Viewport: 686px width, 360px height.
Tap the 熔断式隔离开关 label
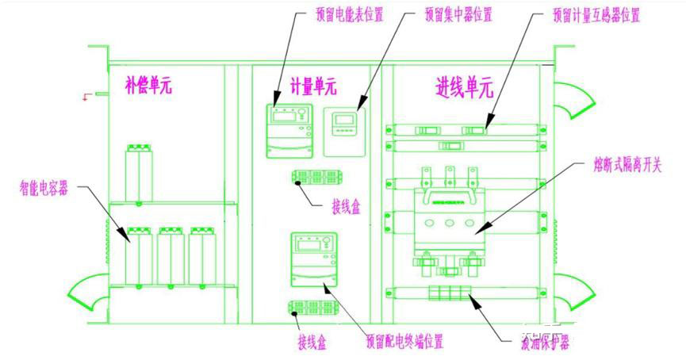pos(623,167)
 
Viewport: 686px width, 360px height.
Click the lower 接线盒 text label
pos(312,343)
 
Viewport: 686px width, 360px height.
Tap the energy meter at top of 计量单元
pos(289,129)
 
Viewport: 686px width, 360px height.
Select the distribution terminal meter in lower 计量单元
pos(314,259)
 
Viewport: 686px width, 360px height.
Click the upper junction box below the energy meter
pos(311,177)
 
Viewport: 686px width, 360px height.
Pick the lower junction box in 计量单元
pos(311,308)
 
